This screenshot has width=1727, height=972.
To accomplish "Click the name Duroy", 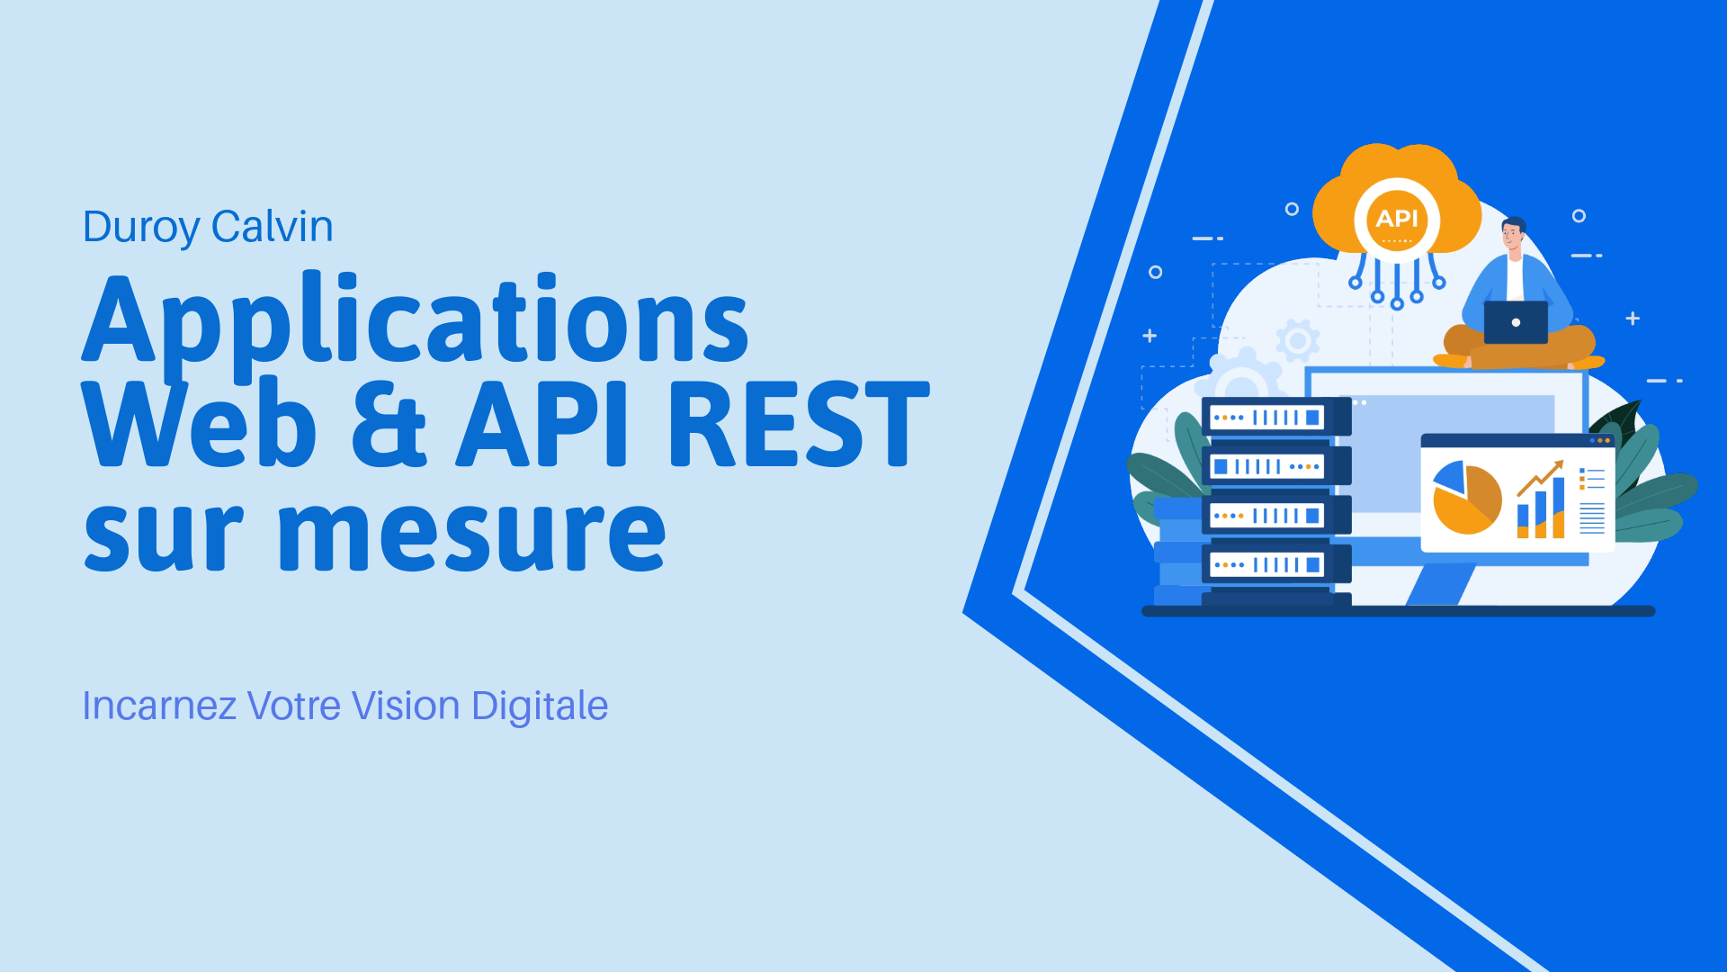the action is (x=141, y=227).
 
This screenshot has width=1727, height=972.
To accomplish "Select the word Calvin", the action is (x=273, y=226).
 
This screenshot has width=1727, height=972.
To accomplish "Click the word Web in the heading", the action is (x=199, y=422).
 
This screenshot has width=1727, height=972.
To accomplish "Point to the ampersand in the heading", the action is (x=389, y=424).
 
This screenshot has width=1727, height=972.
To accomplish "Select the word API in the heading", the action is (x=541, y=423).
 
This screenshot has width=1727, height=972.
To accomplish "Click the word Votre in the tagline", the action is (x=294, y=706).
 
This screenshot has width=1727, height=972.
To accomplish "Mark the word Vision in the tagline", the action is (x=406, y=706).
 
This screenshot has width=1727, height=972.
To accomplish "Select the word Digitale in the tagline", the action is (x=540, y=707).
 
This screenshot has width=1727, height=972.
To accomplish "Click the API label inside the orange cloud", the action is (x=1397, y=219).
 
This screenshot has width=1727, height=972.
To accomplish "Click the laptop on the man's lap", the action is (x=1516, y=322).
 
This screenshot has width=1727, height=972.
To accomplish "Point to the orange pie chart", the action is (x=1467, y=498).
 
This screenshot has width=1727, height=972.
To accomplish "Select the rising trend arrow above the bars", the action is (x=1540, y=478).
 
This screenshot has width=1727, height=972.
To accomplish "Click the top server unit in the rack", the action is (x=1275, y=417).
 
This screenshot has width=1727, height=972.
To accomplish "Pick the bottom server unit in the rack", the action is (x=1275, y=564).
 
